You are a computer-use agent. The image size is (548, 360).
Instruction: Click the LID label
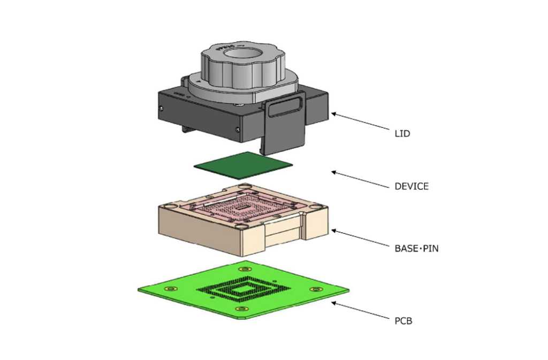[402, 133]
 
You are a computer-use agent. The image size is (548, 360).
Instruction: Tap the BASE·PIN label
[416, 248]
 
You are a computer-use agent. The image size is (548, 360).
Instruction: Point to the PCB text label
[403, 321]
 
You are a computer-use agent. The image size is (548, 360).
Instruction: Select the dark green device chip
[244, 164]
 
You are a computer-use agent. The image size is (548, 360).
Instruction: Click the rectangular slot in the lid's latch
[284, 110]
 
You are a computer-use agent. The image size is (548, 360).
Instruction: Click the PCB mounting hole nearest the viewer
[244, 310]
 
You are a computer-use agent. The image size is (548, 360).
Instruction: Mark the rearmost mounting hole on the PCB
[246, 269]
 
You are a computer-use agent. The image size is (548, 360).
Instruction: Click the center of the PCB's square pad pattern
[244, 289]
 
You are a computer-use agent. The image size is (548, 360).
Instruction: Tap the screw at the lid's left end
[161, 109]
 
